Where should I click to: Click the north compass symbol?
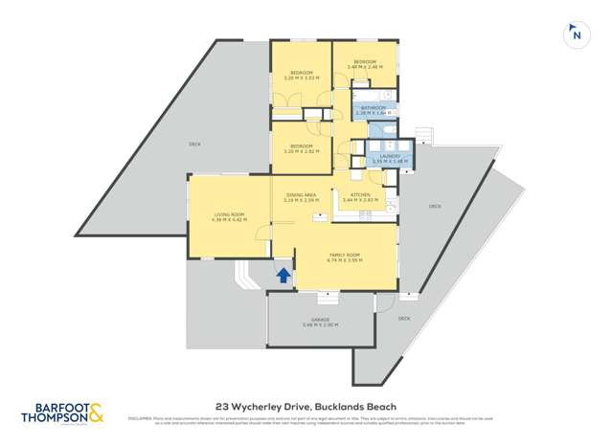coord(576,33)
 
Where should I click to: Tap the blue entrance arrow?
coord(283,276)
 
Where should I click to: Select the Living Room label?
coord(229,217)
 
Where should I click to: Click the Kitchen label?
coord(360,197)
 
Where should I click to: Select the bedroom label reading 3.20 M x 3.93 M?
coord(302,76)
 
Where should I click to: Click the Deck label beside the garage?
coord(403,318)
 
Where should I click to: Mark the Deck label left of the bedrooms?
coord(194,145)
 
